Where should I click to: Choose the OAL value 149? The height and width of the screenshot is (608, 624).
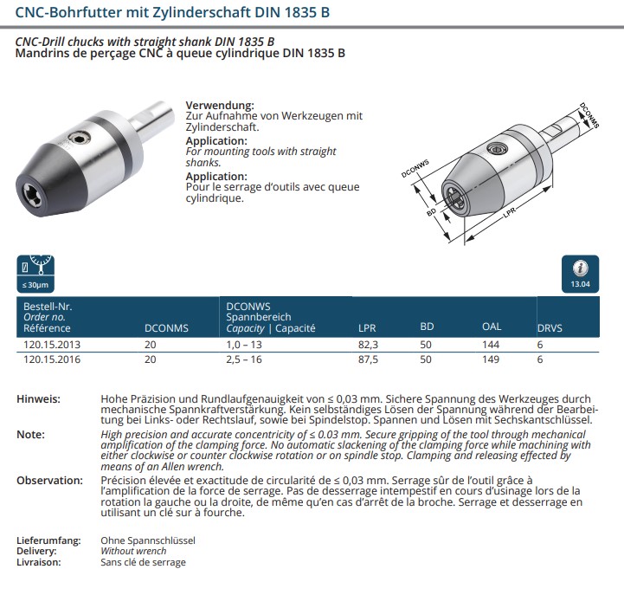(492, 358)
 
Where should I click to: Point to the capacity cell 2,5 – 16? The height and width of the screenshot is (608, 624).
(245, 358)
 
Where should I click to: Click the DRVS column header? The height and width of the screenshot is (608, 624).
(550, 328)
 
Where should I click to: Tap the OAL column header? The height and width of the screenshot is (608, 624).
(492, 327)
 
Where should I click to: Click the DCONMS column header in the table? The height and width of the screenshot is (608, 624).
(165, 328)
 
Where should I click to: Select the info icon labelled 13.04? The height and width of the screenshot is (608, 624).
(580, 272)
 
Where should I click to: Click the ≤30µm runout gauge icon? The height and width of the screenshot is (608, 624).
(36, 272)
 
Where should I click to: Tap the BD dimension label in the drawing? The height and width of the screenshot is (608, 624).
(430, 212)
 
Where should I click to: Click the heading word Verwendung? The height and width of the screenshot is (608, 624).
(220, 105)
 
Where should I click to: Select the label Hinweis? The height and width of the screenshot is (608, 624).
(38, 399)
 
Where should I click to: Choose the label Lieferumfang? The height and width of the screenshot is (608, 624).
(48, 540)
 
